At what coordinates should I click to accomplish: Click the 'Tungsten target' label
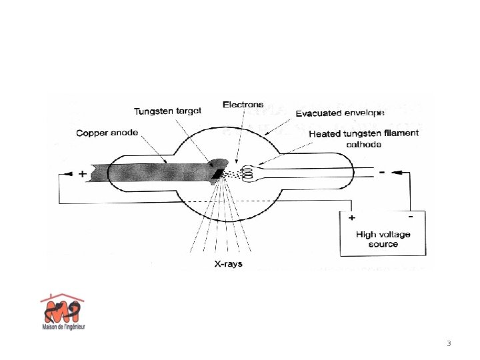pyautogui.click(x=167, y=111)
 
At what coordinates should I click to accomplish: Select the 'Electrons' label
pyautogui.click(x=243, y=105)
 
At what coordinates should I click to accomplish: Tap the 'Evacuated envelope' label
pyautogui.click(x=340, y=113)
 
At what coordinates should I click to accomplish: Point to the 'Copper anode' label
pyautogui.click(x=107, y=133)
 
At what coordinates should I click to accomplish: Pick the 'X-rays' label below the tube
pyautogui.click(x=228, y=264)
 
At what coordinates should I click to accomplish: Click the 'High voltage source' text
pyautogui.click(x=383, y=239)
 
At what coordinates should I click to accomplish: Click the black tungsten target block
pyautogui.click(x=217, y=173)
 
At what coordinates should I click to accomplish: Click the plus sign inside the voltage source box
pyautogui.click(x=351, y=217)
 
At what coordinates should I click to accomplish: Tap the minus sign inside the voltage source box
pyautogui.click(x=410, y=216)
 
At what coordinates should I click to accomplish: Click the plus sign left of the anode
pyautogui.click(x=82, y=174)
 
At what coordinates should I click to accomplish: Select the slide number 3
pyautogui.click(x=449, y=344)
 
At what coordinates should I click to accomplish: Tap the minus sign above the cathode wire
pyautogui.click(x=381, y=171)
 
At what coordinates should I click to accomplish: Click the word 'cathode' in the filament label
pyautogui.click(x=363, y=143)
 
